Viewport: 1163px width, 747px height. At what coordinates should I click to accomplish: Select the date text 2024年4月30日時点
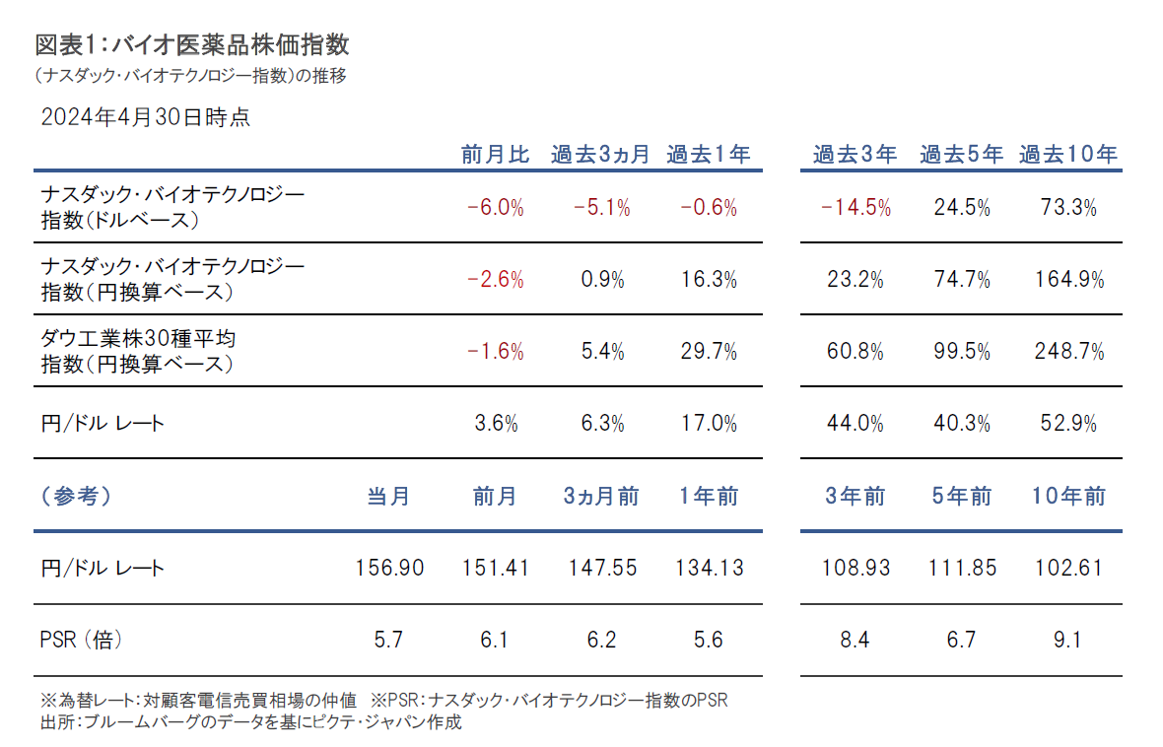(145, 117)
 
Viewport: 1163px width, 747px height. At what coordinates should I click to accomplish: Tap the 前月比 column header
(495, 155)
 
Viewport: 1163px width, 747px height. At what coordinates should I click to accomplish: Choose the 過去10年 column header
(1068, 155)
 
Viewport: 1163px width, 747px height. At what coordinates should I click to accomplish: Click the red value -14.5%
(855, 207)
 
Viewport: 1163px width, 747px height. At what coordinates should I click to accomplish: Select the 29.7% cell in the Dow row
(709, 352)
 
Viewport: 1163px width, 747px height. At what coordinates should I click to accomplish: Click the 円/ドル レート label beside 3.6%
(103, 424)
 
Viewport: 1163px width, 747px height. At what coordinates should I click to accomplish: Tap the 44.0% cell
(855, 424)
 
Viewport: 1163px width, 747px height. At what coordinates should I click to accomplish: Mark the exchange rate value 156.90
(388, 568)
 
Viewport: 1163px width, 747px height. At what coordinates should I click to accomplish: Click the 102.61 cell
(1069, 568)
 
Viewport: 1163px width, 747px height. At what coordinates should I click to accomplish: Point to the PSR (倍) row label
(82, 641)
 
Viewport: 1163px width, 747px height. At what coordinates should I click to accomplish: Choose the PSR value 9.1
(1067, 641)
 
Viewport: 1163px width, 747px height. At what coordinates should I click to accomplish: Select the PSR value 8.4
(855, 641)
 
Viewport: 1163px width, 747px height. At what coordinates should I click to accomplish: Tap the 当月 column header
(388, 496)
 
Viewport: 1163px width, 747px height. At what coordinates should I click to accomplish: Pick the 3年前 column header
(855, 496)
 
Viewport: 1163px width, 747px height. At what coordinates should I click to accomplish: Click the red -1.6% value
(495, 352)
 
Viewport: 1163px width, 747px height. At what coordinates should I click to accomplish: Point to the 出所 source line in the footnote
(251, 722)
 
